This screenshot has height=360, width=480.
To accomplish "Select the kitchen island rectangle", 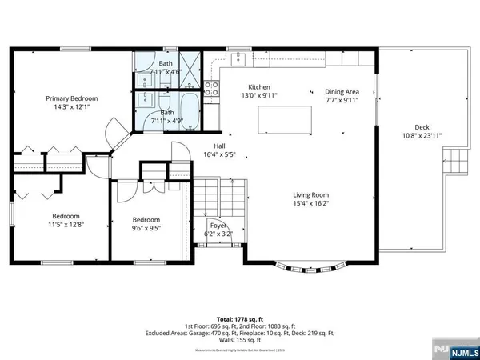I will click(x=285, y=122).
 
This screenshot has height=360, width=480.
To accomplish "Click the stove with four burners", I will click(x=212, y=88).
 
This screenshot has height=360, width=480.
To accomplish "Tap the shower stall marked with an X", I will click(x=190, y=62).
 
